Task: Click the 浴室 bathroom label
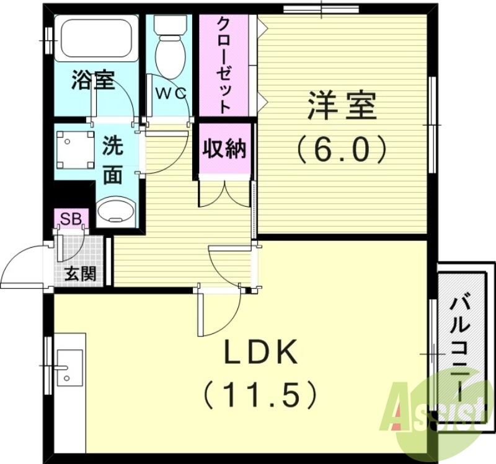pos(93,80)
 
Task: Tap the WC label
pos(170,94)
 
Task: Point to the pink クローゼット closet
pos(224,64)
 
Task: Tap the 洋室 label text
pos(342,107)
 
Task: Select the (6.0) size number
pos(342,148)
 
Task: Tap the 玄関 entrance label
pos(80,273)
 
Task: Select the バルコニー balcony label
pos(462,347)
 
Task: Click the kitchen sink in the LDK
pos(69,368)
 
